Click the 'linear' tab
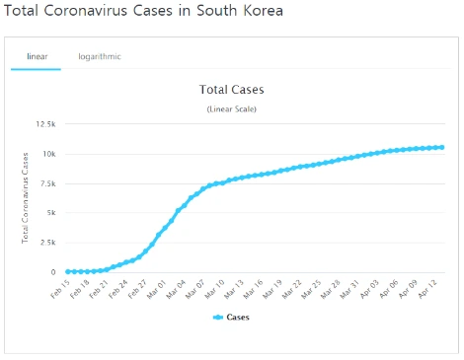(36, 56)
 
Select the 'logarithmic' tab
(100, 56)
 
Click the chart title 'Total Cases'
(232, 90)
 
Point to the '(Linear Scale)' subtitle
(232, 108)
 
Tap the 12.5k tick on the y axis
(44, 124)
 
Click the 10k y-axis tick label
(47, 154)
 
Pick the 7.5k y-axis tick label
(45, 183)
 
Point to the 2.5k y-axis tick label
(45, 243)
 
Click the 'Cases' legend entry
(232, 318)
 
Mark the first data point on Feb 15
(67, 271)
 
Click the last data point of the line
(441, 147)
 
